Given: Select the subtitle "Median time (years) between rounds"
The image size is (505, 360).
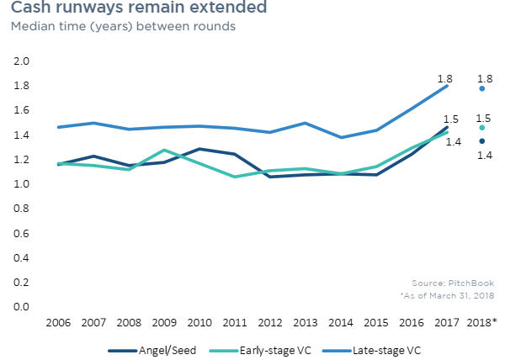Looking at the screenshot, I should [122, 26].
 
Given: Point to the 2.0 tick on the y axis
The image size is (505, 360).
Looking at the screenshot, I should [22, 62].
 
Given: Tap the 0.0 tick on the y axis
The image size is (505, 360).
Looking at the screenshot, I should [22, 306].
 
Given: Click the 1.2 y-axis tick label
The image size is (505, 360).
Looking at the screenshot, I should [22, 160].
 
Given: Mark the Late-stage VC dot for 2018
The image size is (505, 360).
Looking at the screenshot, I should [481, 88].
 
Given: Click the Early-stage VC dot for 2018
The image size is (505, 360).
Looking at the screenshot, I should [481, 128].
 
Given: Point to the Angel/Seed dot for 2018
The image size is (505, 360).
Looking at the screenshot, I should [481, 141].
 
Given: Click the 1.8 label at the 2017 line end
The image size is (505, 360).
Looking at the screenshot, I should [445, 79].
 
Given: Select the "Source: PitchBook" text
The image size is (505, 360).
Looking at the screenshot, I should [454, 283].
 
